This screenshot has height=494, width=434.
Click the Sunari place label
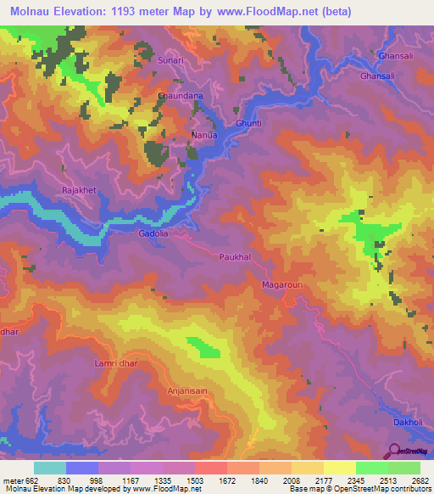pyautogui.click(x=170, y=61)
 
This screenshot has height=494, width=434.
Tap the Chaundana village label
pyautogui.click(x=181, y=97)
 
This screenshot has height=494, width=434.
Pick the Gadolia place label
pyautogui.click(x=154, y=232)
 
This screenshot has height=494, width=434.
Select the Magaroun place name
pyautogui.click(x=282, y=285)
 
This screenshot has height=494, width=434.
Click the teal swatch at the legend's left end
pyautogui.click(x=50, y=468)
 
